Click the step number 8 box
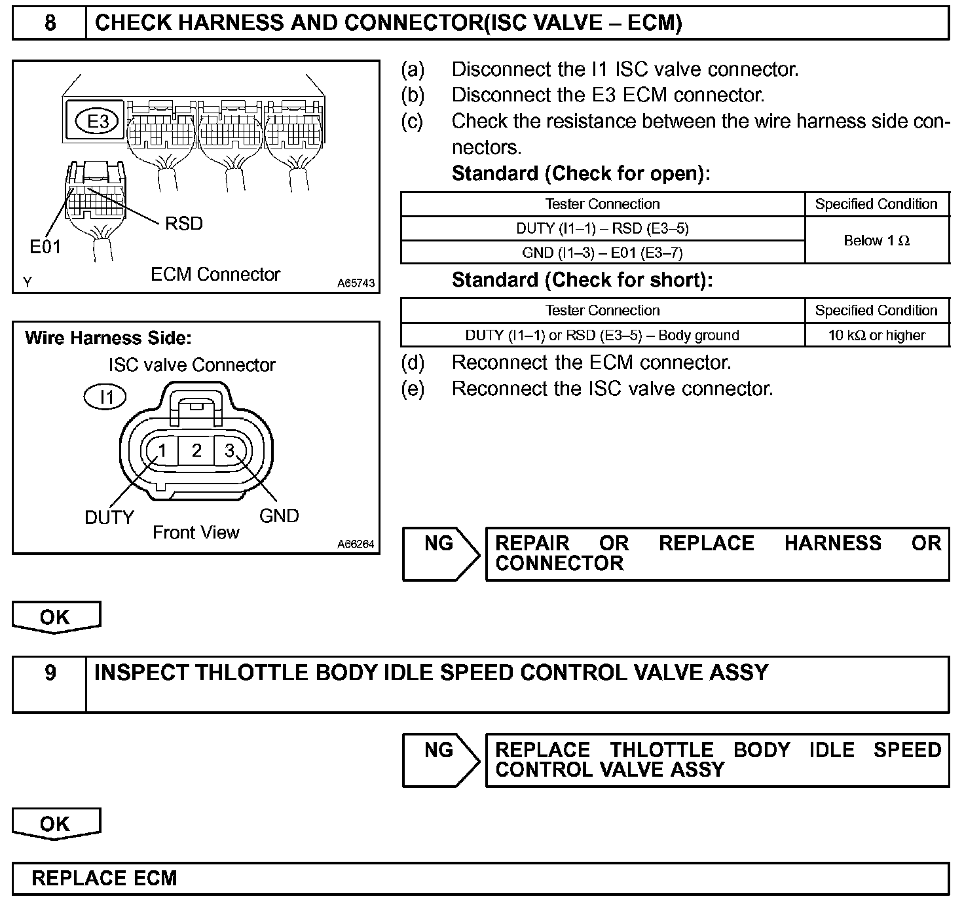pos(50,24)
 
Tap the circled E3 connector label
pos(98,122)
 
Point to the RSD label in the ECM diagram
pos(184,224)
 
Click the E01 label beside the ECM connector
pos(45,247)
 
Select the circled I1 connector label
pos(105,397)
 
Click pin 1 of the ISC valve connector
pos(162,451)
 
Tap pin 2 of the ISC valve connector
pos(196,450)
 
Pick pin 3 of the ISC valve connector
pos(230,450)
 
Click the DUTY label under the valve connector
pos(109,518)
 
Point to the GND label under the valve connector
pos(279,516)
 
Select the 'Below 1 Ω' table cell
pos(876,240)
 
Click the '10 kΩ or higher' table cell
pos(876,335)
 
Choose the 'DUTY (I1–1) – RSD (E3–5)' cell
pos(602,228)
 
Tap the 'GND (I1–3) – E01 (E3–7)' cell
pos(602,253)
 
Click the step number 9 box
pos(50,673)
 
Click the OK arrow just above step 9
pos(56,617)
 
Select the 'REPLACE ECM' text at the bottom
pos(104,878)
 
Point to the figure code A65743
pos(356,283)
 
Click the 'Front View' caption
pos(196,533)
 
